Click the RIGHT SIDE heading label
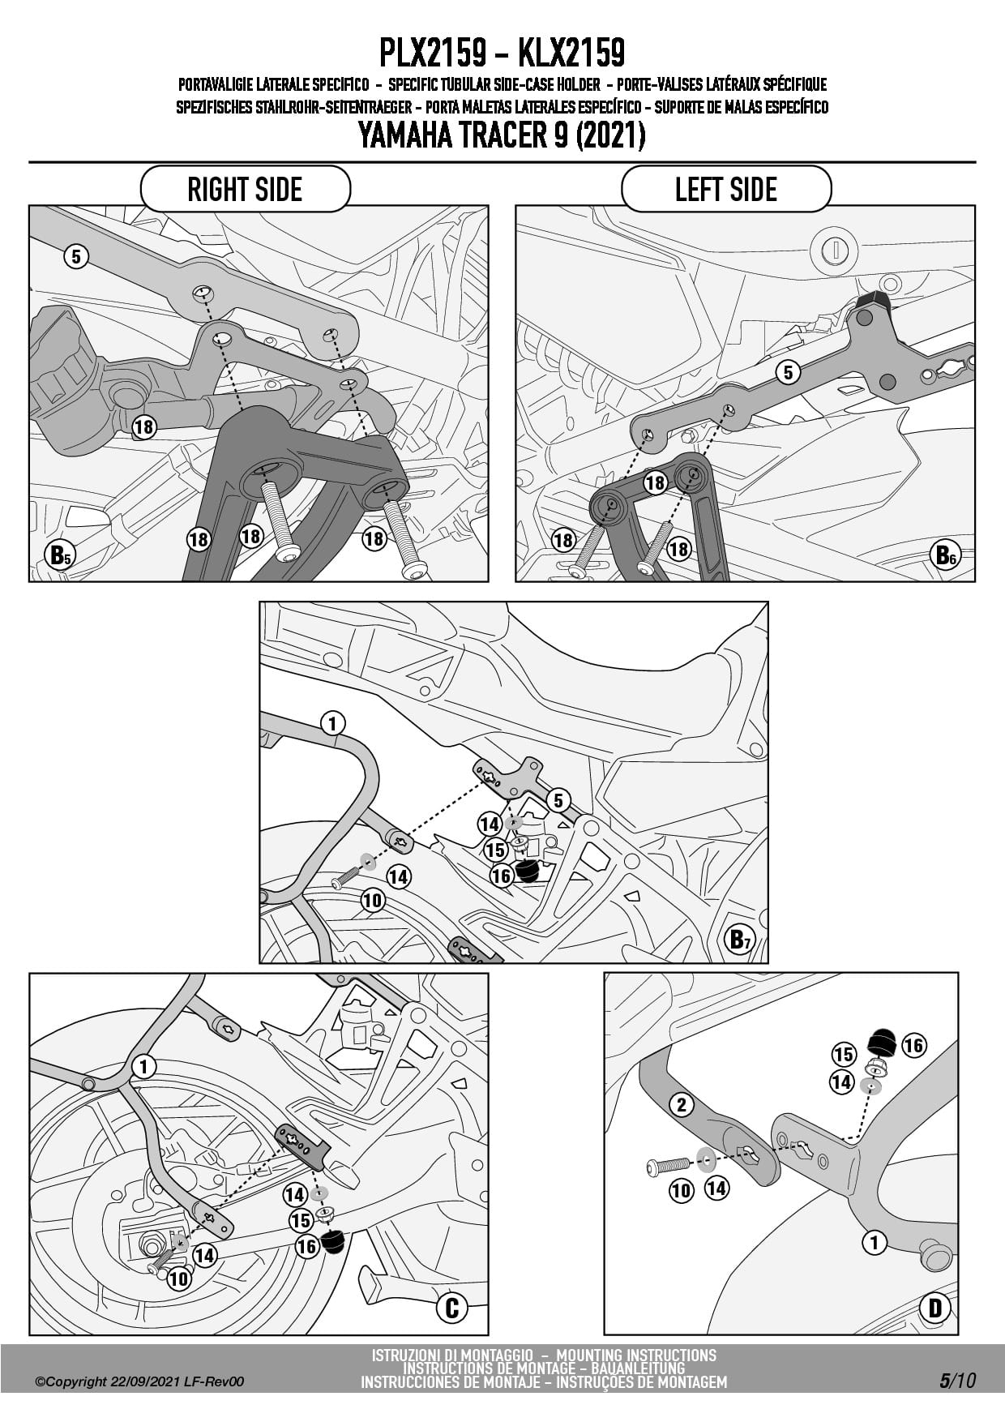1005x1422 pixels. click(245, 190)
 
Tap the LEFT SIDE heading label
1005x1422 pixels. click(726, 190)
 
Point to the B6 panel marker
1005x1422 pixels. click(945, 555)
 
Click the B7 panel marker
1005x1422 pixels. click(741, 939)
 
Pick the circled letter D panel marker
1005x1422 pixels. click(934, 1307)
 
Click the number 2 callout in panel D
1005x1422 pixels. click(682, 1104)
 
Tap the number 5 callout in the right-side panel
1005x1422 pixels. click(75, 257)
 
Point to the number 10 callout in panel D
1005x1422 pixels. click(682, 1190)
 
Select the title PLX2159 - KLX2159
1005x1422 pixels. click(502, 54)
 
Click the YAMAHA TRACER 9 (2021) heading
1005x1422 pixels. click(502, 135)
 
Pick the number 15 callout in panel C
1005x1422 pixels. click(301, 1220)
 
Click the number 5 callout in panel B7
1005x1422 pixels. click(558, 801)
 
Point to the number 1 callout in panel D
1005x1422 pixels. click(874, 1241)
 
